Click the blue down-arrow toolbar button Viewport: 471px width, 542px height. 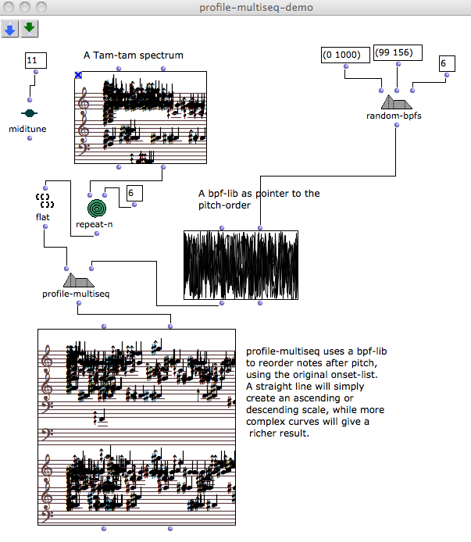(x=10, y=29)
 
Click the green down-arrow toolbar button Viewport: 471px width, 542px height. (x=29, y=29)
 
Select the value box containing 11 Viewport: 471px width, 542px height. (x=36, y=59)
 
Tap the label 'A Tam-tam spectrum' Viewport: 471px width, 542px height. (x=134, y=55)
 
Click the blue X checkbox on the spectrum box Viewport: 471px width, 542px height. (x=78, y=75)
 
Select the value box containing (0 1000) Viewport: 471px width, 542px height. (x=346, y=56)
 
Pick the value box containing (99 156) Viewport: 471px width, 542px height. (x=398, y=53)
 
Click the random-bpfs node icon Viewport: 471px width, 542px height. (x=396, y=102)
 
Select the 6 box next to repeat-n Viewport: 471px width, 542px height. (x=134, y=192)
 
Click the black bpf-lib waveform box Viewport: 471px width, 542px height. (x=241, y=265)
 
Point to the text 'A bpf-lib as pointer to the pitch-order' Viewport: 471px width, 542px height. (x=259, y=199)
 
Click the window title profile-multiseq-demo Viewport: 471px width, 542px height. (x=235, y=8)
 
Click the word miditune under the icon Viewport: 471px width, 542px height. (x=29, y=129)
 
